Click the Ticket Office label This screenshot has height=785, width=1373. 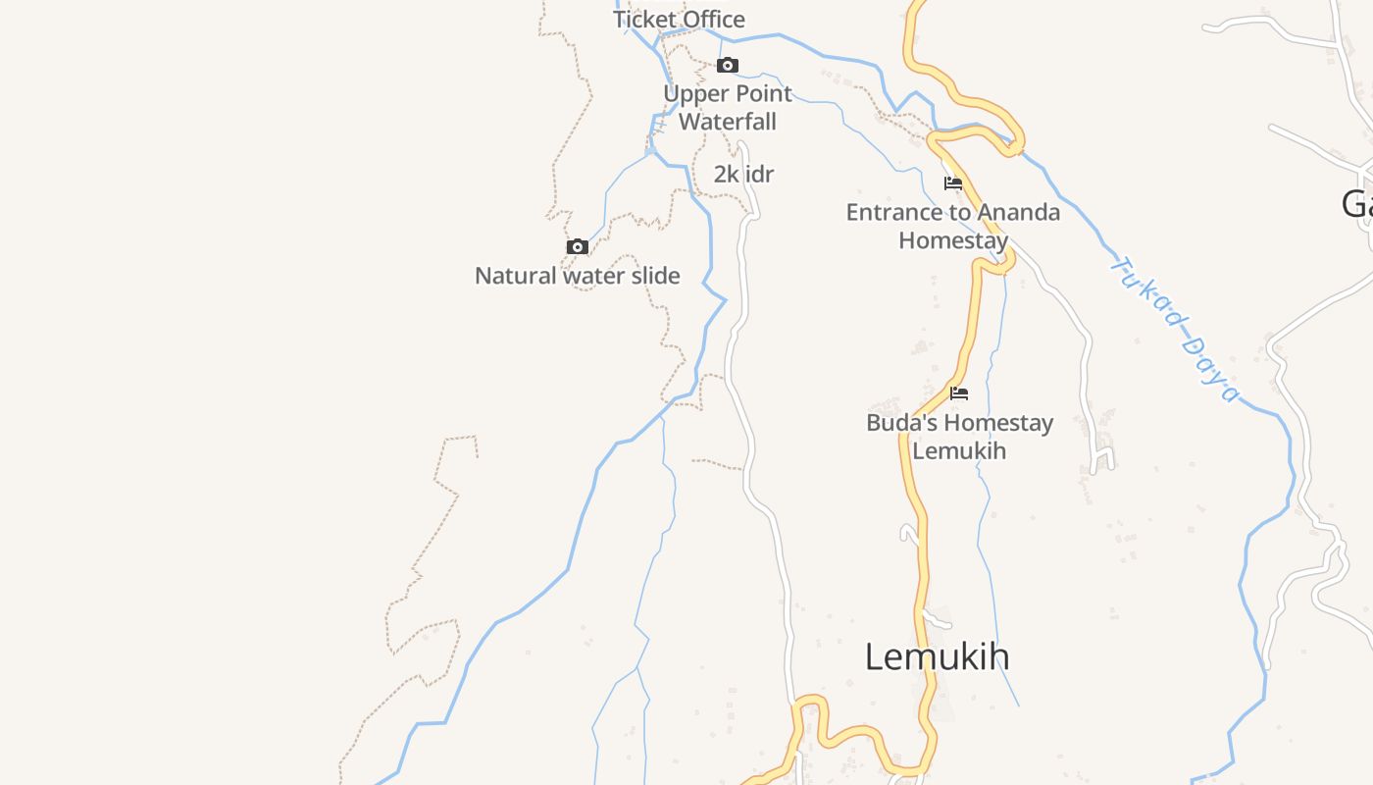point(679,20)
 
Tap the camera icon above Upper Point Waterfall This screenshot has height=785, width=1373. point(727,66)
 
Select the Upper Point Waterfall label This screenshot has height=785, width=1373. point(728,108)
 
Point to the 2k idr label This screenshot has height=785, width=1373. point(743,175)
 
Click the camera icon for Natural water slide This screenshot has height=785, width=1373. point(578,246)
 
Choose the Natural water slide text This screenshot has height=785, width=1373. point(577,276)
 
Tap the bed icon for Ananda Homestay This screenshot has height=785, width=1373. point(952,183)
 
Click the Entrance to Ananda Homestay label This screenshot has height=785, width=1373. point(953,227)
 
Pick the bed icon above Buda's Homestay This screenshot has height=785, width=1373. point(959,393)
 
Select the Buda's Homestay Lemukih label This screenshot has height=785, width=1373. point(959,437)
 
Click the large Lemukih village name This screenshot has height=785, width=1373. point(937,656)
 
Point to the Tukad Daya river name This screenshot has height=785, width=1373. point(1175,328)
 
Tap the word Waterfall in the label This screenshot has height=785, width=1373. point(728,122)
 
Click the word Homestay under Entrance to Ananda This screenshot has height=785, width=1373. point(953,240)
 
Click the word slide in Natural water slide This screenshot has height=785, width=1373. point(656,276)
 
